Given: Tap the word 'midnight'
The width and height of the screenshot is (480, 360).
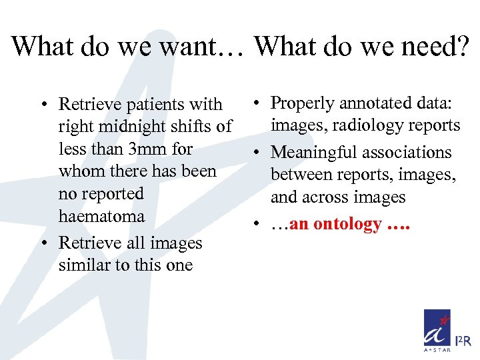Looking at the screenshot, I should (x=131, y=126).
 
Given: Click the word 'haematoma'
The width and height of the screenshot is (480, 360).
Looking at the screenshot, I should (x=101, y=216).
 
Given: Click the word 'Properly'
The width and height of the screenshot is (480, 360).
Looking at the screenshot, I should (x=302, y=103).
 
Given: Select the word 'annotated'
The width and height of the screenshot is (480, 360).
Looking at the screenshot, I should (x=371, y=103).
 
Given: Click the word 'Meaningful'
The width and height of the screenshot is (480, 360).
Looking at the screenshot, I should (x=316, y=152).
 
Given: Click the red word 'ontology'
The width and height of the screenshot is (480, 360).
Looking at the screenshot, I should (x=348, y=224).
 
